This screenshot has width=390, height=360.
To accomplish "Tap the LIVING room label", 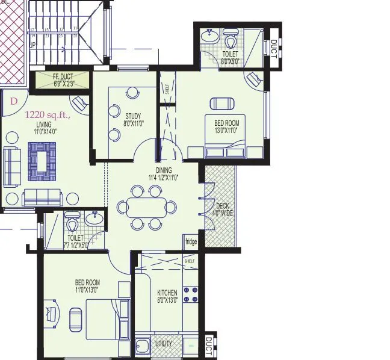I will (x=45, y=127).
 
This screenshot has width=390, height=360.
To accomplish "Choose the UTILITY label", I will (x=164, y=344).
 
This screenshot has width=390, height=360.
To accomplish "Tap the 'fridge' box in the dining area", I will (x=191, y=242).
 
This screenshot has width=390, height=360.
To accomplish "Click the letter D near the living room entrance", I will (x=13, y=101).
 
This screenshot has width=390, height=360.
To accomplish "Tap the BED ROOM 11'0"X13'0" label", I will (x=87, y=286).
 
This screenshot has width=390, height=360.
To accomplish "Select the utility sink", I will (x=143, y=346).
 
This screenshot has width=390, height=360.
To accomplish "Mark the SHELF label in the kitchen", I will (x=190, y=261).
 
